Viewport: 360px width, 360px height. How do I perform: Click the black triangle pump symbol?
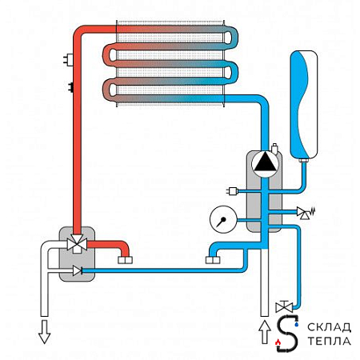tap(265, 163)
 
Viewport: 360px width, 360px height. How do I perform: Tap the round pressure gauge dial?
tap(223, 219)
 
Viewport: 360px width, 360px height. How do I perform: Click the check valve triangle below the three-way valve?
tap(77, 271)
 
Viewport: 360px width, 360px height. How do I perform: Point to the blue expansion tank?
tap(304, 104)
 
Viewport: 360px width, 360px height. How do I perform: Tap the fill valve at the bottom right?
tap(284, 306)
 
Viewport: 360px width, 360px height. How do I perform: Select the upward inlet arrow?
tap(265, 332)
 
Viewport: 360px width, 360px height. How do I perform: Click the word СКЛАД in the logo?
tap(329, 327)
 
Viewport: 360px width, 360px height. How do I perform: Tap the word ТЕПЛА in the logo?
tap(329, 341)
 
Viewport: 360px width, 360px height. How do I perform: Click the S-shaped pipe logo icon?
tap(287, 334)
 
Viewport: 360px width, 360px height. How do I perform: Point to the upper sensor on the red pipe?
tap(69, 58)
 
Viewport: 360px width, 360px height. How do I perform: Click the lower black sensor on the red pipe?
tap(71, 87)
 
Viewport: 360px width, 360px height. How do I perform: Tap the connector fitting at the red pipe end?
tap(125, 260)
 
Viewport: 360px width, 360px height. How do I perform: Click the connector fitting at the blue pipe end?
tap(213, 260)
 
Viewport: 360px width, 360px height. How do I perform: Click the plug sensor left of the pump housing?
tap(232, 191)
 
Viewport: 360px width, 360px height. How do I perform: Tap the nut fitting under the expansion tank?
tap(304, 160)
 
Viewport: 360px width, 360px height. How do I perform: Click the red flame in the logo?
tap(278, 342)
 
